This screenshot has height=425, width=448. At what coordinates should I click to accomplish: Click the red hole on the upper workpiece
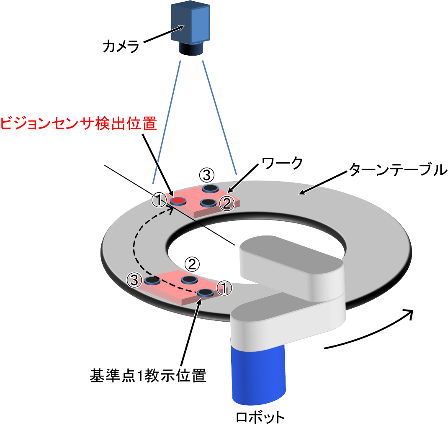(178, 201)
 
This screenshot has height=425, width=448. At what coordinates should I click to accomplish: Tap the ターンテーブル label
(395, 170)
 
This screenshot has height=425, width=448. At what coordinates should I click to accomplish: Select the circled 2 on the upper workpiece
(226, 204)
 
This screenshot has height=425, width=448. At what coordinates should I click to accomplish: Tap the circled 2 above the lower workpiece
(192, 264)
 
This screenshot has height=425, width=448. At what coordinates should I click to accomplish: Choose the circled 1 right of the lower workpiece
(224, 287)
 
